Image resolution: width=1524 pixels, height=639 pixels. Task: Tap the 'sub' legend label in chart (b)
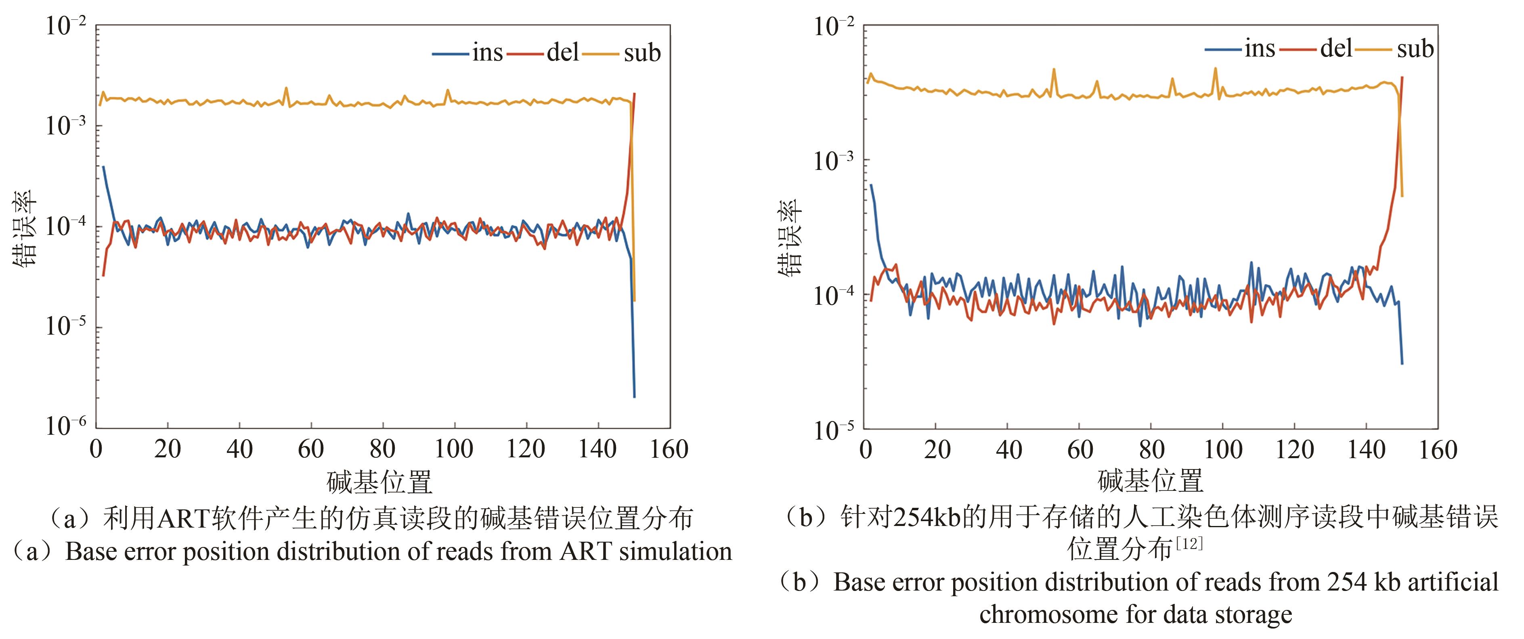(1415, 48)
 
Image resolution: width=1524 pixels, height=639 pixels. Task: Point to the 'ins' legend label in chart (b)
(1260, 48)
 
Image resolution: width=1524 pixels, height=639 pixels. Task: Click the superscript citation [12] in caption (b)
(1189, 543)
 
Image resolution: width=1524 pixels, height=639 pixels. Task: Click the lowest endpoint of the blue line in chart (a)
(634, 396)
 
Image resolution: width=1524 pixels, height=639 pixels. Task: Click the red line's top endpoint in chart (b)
(1402, 78)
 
